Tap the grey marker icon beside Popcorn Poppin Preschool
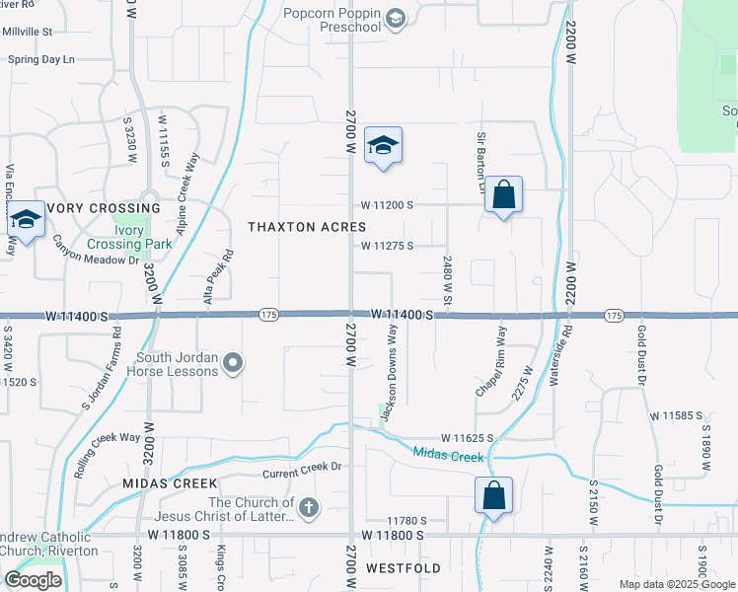(396, 18)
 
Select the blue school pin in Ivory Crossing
(26, 221)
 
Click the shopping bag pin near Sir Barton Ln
(503, 195)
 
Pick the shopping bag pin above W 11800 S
(493, 496)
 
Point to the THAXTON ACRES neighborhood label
(307, 227)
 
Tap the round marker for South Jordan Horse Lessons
(233, 364)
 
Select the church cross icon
(309, 508)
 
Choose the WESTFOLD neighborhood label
(403, 569)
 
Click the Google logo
(33, 579)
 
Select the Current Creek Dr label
(302, 468)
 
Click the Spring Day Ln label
(41, 59)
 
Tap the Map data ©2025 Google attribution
(677, 584)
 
